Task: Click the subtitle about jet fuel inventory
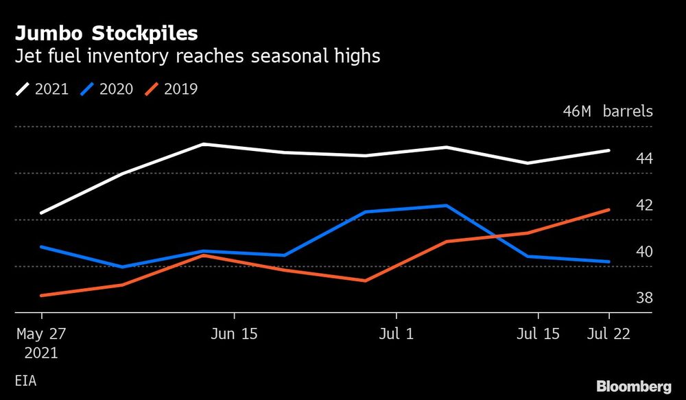click(198, 56)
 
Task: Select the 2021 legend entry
click(42, 89)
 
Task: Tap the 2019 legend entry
click(171, 89)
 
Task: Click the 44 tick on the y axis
click(644, 158)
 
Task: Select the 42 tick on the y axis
click(644, 205)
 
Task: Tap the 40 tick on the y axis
click(644, 252)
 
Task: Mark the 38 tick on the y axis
click(644, 298)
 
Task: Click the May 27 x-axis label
click(41, 334)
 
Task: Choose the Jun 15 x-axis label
click(234, 334)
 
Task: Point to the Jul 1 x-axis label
click(396, 334)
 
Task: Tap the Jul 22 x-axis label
click(608, 334)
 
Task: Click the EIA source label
click(25, 379)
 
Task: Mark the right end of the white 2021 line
click(609, 150)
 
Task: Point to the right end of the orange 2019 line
click(609, 210)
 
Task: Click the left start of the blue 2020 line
click(42, 246)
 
